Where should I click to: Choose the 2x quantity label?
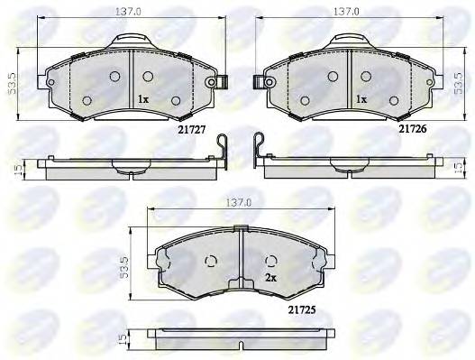point(270,278)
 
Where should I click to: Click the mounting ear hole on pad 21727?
point(214,82)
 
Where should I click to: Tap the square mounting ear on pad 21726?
point(263,82)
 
